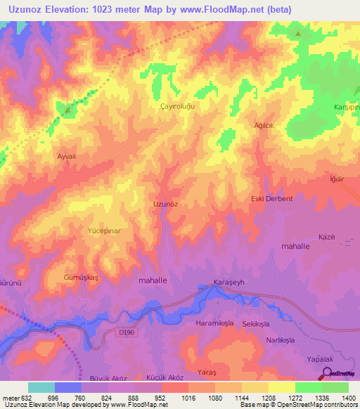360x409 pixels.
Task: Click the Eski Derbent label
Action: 271,199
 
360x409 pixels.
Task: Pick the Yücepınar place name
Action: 104,231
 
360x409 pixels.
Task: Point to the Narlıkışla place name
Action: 290,339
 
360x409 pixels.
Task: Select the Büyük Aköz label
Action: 108,378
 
